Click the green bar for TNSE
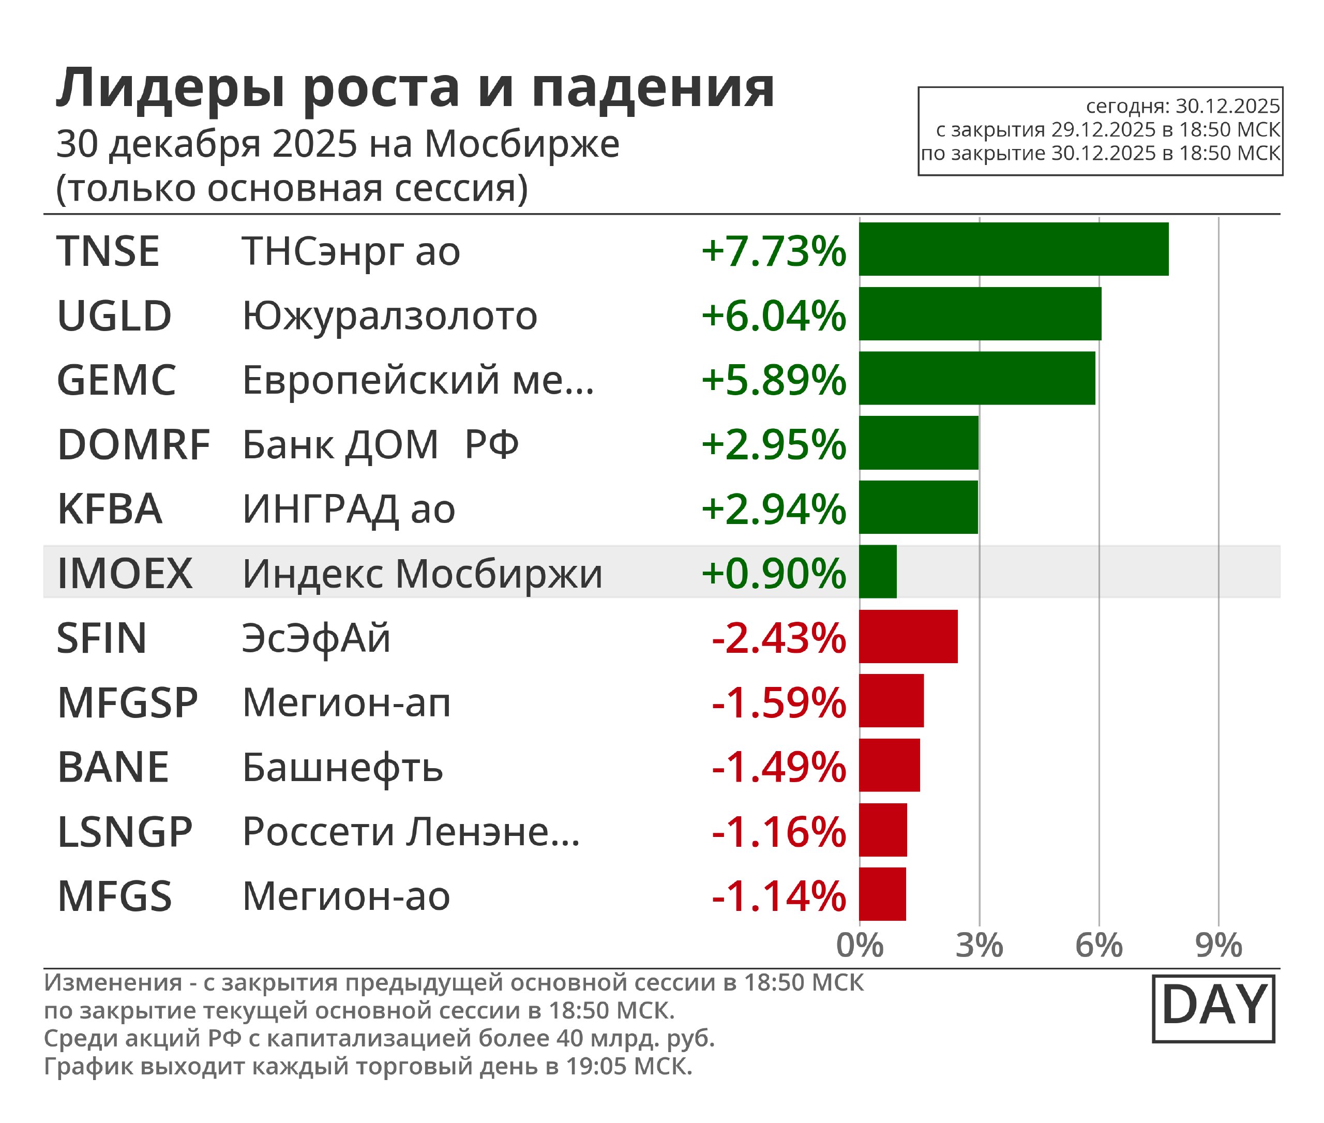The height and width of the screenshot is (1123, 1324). pos(1013,249)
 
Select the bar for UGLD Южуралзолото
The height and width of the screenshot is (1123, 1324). pos(980,314)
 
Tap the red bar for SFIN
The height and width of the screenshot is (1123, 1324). pos(908,637)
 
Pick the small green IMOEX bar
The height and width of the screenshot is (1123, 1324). pos(878,572)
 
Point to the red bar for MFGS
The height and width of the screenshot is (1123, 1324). pos(882,894)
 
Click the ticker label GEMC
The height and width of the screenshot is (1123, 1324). pos(116,380)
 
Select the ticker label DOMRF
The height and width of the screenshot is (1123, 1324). pos(133,444)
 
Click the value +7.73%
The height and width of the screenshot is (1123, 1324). pos(773,251)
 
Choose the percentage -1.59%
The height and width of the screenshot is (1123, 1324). pos(778,703)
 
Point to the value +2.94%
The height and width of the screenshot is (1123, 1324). pos(773,510)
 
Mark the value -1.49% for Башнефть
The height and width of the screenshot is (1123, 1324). pos(778,767)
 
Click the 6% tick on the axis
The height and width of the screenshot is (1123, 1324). pos(1099,946)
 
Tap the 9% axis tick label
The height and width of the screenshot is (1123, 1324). pos(1218,946)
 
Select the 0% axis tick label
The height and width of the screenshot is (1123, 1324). pos(860,946)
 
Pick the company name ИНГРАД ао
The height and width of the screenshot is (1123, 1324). pos(349,510)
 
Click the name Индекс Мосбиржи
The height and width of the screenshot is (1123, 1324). pos(422,574)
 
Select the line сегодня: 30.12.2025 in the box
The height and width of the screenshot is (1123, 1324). pos(1183,106)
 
